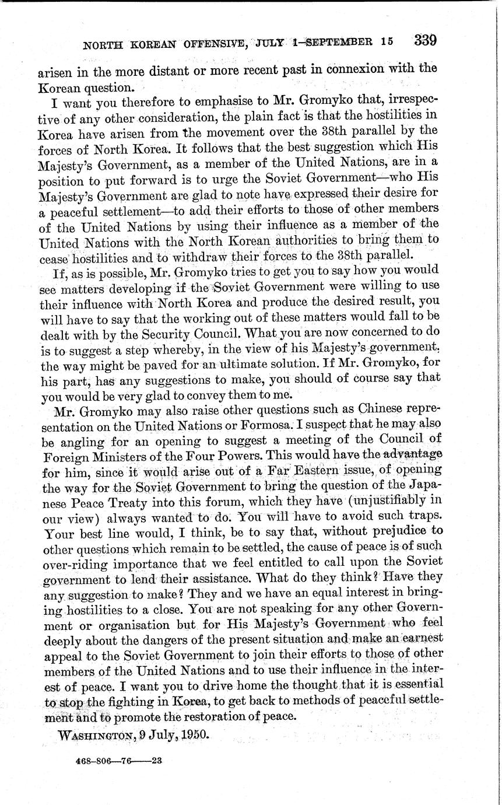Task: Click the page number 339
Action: coord(425,40)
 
